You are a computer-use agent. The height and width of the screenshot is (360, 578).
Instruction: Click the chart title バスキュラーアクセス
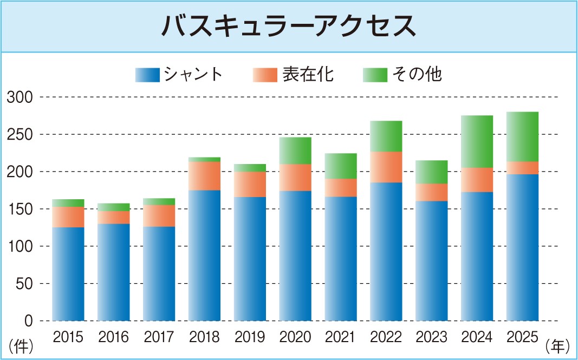click(289, 26)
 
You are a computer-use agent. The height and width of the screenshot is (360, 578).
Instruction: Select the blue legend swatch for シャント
click(147, 75)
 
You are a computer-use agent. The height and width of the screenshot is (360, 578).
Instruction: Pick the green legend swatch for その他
click(374, 75)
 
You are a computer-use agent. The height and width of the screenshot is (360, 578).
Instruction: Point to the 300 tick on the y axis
click(20, 97)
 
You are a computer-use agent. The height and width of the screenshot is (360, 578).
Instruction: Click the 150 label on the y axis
click(20, 209)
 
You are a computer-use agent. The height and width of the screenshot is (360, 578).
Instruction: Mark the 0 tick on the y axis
click(29, 321)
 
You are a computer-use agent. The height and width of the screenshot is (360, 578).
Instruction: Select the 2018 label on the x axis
click(204, 338)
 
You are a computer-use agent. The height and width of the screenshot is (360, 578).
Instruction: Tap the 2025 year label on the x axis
click(522, 338)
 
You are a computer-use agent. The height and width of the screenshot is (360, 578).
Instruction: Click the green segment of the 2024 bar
click(477, 141)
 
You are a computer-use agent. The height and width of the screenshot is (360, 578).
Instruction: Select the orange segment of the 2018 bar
click(204, 176)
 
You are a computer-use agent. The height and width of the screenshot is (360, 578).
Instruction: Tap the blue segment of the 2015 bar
click(68, 273)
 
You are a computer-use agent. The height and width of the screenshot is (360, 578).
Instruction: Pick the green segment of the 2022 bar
click(386, 136)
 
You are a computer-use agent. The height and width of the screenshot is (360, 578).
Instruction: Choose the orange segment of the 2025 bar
click(522, 168)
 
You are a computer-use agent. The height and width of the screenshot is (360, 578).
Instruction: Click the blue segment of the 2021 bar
click(341, 258)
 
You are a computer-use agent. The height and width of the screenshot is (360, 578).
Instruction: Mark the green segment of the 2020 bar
click(295, 150)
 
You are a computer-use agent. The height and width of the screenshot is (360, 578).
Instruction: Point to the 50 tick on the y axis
click(23, 284)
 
